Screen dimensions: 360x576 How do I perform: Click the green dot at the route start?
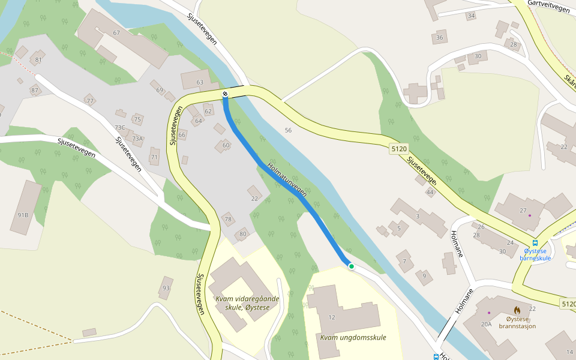tap(351, 266)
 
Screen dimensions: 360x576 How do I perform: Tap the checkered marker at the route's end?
tap(225, 94)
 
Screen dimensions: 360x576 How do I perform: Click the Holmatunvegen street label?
tap(287, 180)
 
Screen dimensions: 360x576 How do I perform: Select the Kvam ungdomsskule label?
tap(353, 337)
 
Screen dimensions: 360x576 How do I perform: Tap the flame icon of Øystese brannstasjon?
tap(517, 310)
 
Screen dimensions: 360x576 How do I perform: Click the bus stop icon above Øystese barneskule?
tap(535, 243)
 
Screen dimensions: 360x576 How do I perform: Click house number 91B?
tap(23, 215)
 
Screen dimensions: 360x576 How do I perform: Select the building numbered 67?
tap(116, 33)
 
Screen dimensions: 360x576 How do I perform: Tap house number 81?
tap(38, 59)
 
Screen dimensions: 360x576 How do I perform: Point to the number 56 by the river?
tap(288, 130)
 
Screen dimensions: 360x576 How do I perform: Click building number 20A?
tap(486, 324)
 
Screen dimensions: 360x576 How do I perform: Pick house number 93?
tap(166, 289)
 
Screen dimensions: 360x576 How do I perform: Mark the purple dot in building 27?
tap(530, 215)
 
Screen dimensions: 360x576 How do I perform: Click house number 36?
tap(440, 38)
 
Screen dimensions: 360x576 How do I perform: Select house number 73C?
tap(120, 127)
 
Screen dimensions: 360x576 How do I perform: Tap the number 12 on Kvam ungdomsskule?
tap(332, 317)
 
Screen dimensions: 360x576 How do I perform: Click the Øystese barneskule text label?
tap(535, 254)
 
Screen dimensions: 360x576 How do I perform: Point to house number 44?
tap(430, 192)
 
